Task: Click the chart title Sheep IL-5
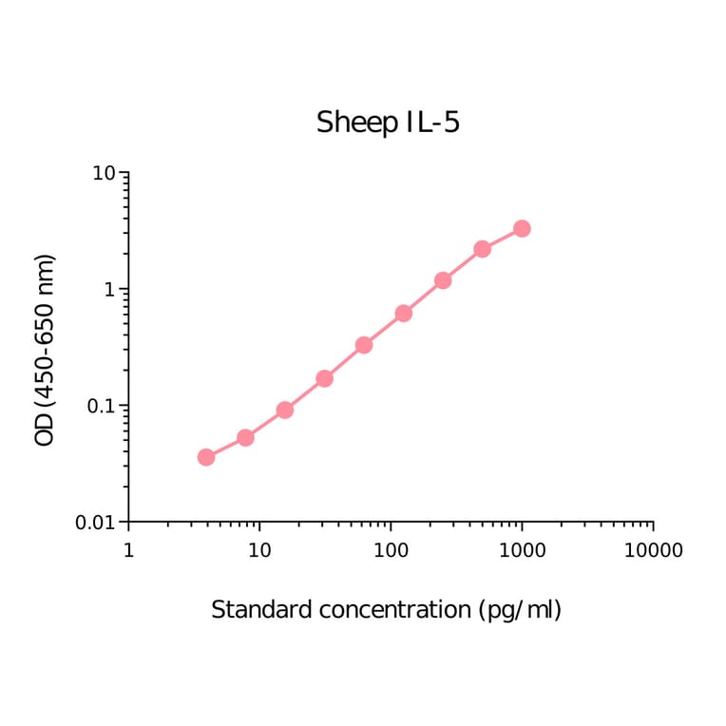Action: (x=388, y=123)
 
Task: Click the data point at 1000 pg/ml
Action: (x=522, y=229)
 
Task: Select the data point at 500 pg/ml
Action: (x=482, y=249)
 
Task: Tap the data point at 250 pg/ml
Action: (x=443, y=280)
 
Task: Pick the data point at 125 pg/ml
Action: (x=403, y=313)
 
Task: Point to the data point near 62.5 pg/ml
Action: (x=364, y=345)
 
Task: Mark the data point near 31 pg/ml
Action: (x=324, y=378)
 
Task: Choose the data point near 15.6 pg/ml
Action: (x=284, y=410)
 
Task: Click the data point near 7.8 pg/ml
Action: (x=245, y=437)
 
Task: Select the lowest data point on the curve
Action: (x=206, y=457)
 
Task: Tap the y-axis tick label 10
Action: (x=104, y=174)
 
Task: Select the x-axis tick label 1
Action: (x=128, y=550)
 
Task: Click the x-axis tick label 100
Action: (x=391, y=550)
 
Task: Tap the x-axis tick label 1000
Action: (x=522, y=550)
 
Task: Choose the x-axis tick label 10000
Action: (x=653, y=550)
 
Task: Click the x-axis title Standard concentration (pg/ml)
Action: (x=386, y=609)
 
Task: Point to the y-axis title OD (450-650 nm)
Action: (x=45, y=350)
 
